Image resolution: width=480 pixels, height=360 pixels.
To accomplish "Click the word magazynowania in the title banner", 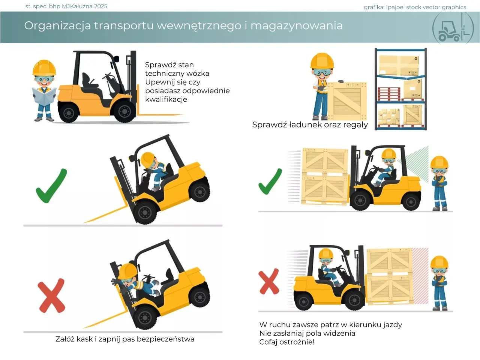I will click(296, 26).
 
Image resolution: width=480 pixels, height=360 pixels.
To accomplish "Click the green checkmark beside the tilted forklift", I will click(51, 186).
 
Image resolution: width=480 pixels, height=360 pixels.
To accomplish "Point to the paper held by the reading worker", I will click(44, 95).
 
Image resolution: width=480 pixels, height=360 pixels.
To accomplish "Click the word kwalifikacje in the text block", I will click(166, 99).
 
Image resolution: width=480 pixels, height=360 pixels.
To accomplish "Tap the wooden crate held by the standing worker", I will click(347, 99).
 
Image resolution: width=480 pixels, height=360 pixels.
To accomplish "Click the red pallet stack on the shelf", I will click(389, 94).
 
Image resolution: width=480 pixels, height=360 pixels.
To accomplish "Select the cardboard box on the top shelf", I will click(399, 65).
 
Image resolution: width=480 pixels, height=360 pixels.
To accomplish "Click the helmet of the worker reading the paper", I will click(44, 67).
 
